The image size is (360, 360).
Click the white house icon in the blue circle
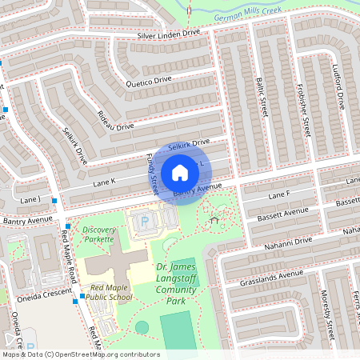[180, 173]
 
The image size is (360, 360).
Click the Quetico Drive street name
[148, 81]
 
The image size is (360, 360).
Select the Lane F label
[278, 195]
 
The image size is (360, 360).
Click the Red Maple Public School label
[111, 292]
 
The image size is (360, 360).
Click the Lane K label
[104, 182]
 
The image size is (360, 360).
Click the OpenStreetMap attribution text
[81, 354]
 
